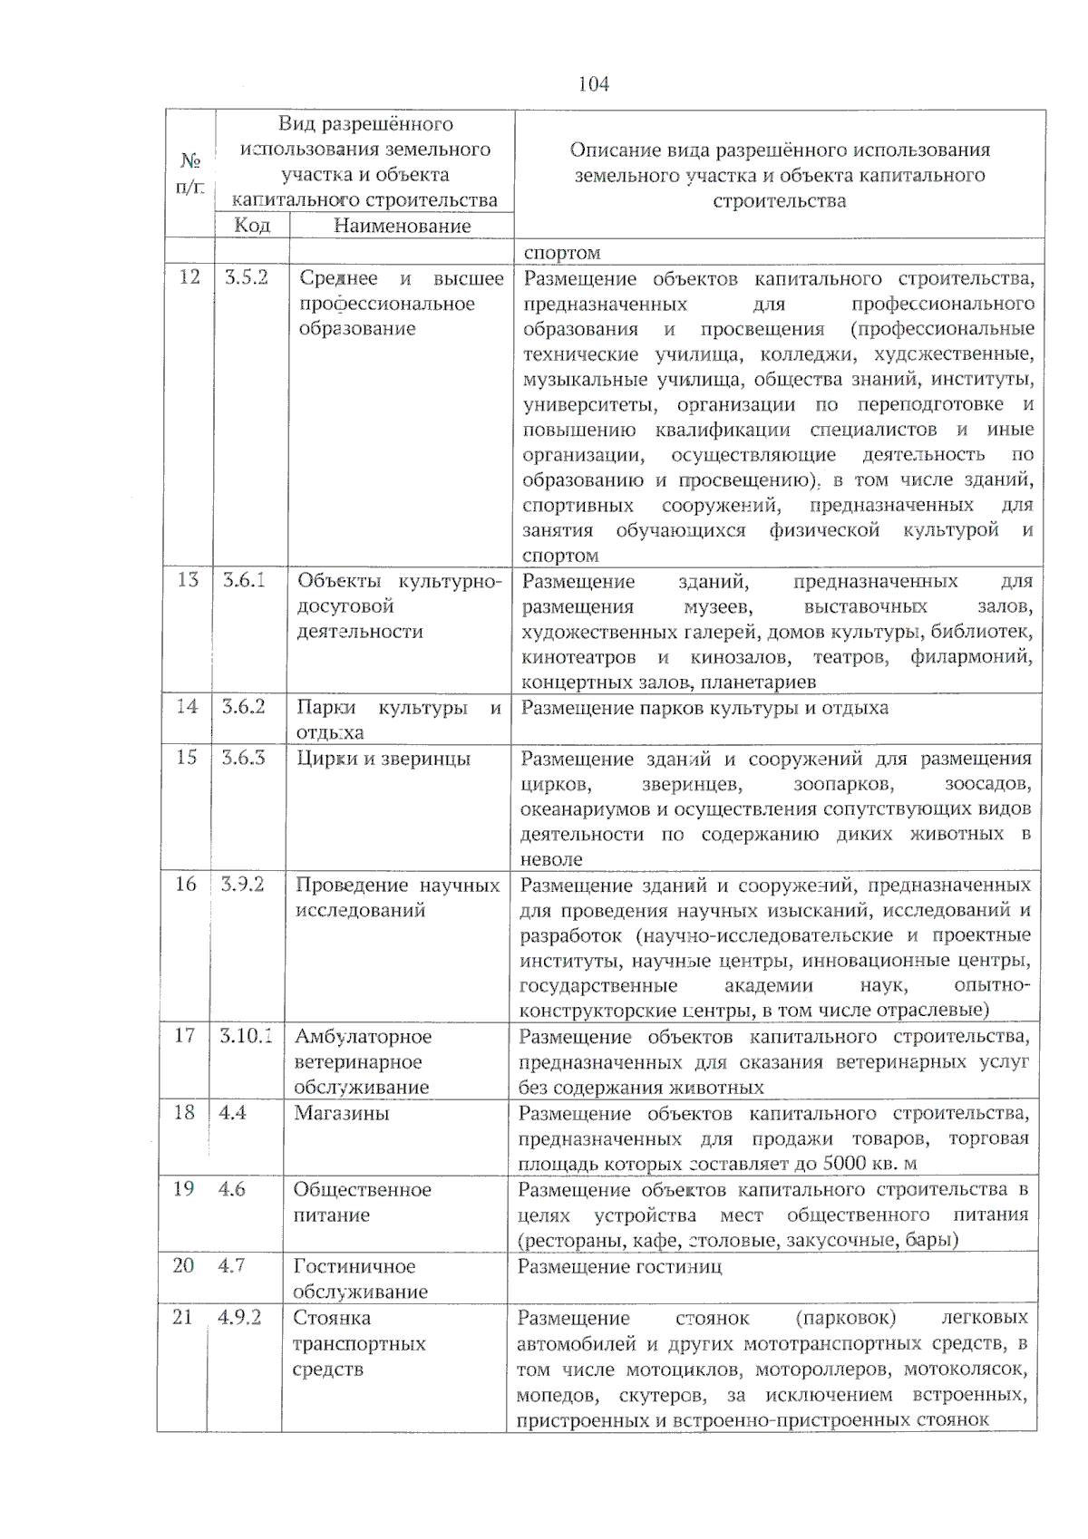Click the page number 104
(594, 84)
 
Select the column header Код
(251, 225)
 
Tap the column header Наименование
(402, 226)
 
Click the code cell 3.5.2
(247, 277)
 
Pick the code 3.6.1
(244, 580)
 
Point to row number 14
(187, 706)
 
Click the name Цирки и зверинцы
(384, 758)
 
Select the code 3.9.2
(242, 884)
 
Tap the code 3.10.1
(245, 1035)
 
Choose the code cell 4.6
(231, 1188)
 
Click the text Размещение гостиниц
(619, 1265)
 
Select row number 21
(182, 1317)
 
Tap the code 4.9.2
(239, 1317)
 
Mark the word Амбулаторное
(363, 1036)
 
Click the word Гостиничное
(354, 1266)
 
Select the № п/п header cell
(189, 173)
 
